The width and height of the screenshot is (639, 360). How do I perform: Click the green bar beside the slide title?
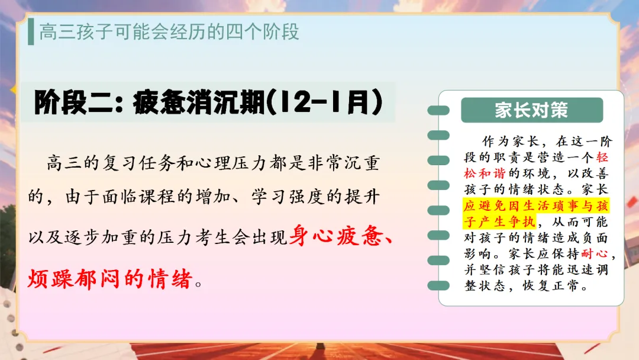31,31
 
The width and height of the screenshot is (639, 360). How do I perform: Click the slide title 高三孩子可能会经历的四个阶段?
169,32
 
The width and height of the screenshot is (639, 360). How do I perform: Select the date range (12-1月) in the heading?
324,102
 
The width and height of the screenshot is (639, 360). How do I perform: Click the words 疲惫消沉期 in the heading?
199,102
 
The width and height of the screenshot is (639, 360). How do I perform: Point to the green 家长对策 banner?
532,110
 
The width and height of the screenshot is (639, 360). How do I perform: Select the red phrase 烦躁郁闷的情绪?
110,279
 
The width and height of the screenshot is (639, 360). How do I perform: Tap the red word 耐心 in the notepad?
595,253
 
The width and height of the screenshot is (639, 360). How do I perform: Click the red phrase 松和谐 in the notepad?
485,173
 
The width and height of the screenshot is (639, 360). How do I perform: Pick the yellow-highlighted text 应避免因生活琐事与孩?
536,205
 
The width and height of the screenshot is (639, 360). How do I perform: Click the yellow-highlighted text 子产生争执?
499,221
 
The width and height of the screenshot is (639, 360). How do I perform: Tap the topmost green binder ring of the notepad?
438,110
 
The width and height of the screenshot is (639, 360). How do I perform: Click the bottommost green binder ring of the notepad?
438,285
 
